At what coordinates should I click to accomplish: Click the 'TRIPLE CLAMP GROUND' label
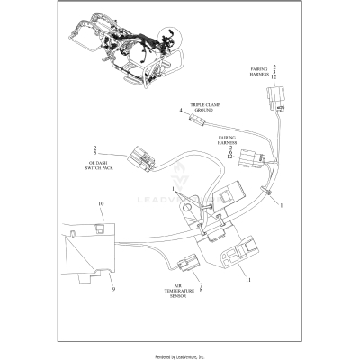204,107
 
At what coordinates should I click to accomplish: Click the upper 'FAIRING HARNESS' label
258,73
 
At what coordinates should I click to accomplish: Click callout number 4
181,111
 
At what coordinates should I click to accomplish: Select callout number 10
101,205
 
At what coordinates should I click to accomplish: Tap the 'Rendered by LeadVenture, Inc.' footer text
180,355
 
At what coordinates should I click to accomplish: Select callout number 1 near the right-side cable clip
281,206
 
